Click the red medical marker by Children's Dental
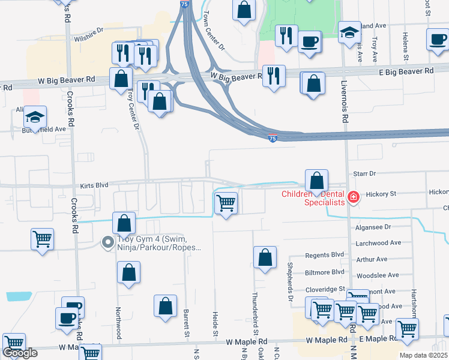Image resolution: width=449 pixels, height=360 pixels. (354, 197)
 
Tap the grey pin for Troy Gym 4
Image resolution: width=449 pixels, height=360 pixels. (108, 242)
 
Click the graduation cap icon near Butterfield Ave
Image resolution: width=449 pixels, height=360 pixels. (35, 117)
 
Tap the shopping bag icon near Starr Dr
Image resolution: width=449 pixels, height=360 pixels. (316, 180)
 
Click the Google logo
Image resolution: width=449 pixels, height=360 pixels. (20, 353)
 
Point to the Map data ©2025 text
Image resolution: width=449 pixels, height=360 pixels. (424, 355)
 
